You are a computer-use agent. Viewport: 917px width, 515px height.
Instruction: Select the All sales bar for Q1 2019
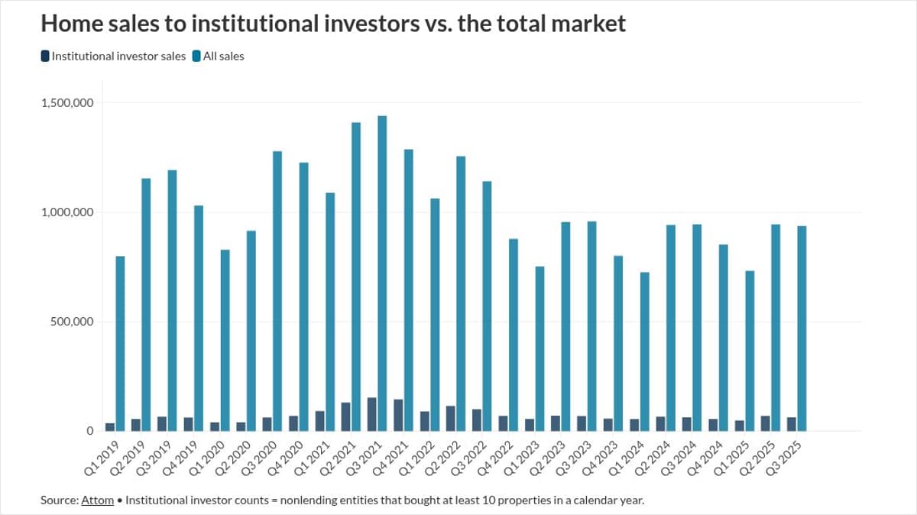point(121,343)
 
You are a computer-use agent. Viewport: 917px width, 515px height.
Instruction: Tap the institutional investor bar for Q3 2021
point(372,414)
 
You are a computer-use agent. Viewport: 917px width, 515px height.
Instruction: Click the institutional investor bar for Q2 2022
point(451,418)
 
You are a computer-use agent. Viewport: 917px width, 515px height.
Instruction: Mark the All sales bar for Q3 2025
point(802,329)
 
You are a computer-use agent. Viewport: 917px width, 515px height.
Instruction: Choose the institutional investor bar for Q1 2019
point(110,426)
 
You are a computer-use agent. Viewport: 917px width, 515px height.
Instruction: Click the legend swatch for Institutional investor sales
point(45,56)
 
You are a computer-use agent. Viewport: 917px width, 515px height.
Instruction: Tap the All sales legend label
point(223,56)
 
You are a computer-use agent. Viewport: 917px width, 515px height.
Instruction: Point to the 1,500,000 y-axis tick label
point(67,103)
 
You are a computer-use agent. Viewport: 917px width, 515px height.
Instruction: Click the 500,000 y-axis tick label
point(73,322)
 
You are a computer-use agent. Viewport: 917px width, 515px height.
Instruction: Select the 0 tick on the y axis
point(89,431)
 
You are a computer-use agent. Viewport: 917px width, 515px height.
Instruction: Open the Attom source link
point(97,500)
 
